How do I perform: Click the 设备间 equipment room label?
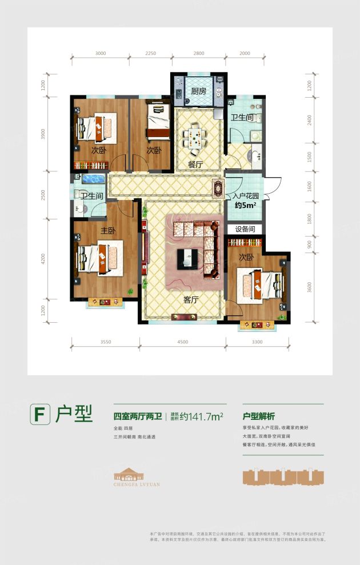pos(245,229)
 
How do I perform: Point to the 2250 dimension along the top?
pos(150,53)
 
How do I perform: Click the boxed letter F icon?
pos(39,414)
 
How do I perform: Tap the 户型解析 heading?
pos(259,416)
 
